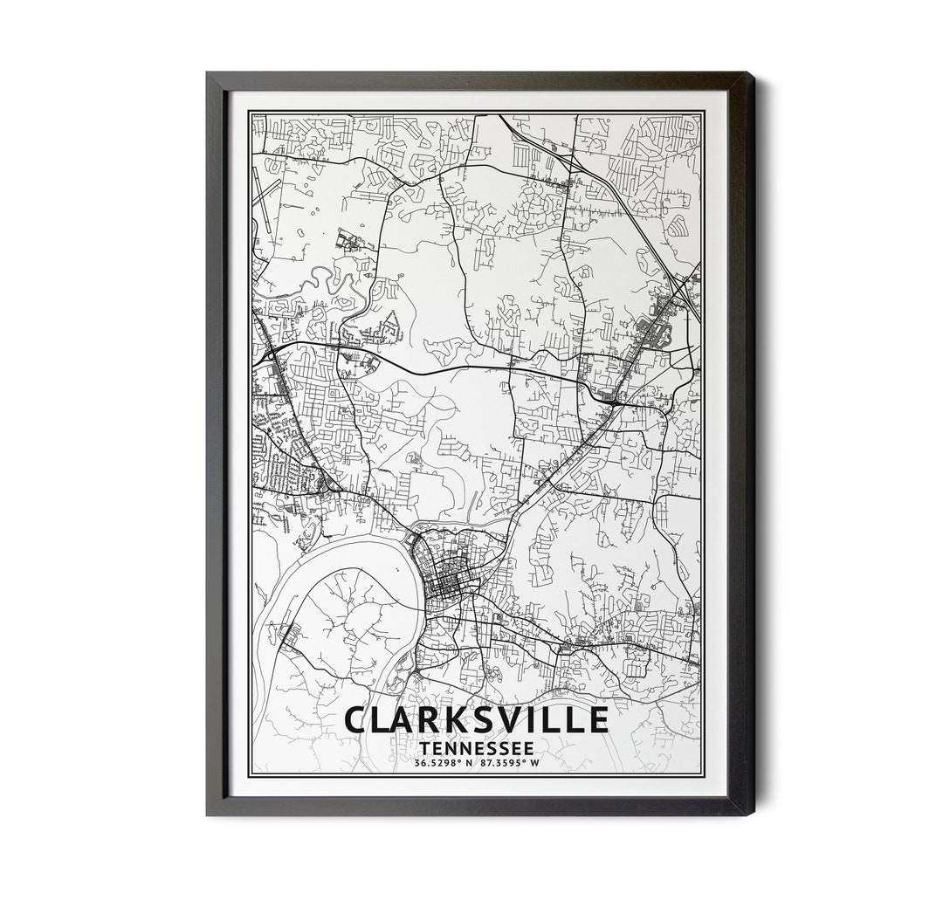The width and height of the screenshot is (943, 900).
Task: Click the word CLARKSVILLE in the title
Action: (476, 720)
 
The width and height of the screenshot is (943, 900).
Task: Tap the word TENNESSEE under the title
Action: (476, 748)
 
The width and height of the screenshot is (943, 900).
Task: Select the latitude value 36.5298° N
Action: (443, 765)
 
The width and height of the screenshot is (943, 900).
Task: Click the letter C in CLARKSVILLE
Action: (357, 720)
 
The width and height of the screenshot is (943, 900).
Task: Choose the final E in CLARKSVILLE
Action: (597, 720)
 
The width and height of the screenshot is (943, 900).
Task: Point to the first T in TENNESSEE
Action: (424, 748)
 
